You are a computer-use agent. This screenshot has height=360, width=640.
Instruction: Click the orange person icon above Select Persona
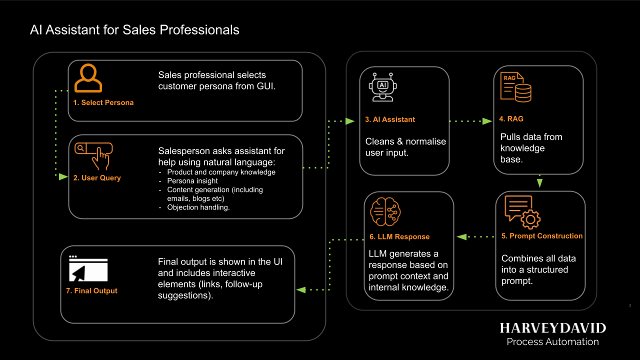88,78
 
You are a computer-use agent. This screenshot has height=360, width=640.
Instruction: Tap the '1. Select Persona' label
103,102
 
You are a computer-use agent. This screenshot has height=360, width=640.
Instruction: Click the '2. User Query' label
97,177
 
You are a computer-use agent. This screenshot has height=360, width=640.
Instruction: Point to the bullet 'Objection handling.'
198,207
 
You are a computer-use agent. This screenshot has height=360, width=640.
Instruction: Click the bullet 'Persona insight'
192,181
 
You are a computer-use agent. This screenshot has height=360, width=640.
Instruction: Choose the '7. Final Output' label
91,290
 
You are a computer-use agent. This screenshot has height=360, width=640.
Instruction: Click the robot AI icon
383,87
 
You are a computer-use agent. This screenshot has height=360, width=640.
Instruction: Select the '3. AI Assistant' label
390,119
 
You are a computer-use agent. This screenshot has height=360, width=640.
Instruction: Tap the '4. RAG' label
511,119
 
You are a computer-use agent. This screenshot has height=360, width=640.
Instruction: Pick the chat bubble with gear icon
522,212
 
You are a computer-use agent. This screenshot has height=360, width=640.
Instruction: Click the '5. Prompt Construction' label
542,236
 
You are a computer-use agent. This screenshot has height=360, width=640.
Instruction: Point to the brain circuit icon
385,212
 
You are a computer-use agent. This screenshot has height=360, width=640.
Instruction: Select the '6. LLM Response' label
399,236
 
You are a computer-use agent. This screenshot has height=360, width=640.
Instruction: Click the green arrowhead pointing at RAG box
486,121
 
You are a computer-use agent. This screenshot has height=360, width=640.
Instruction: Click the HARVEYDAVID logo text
552,328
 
